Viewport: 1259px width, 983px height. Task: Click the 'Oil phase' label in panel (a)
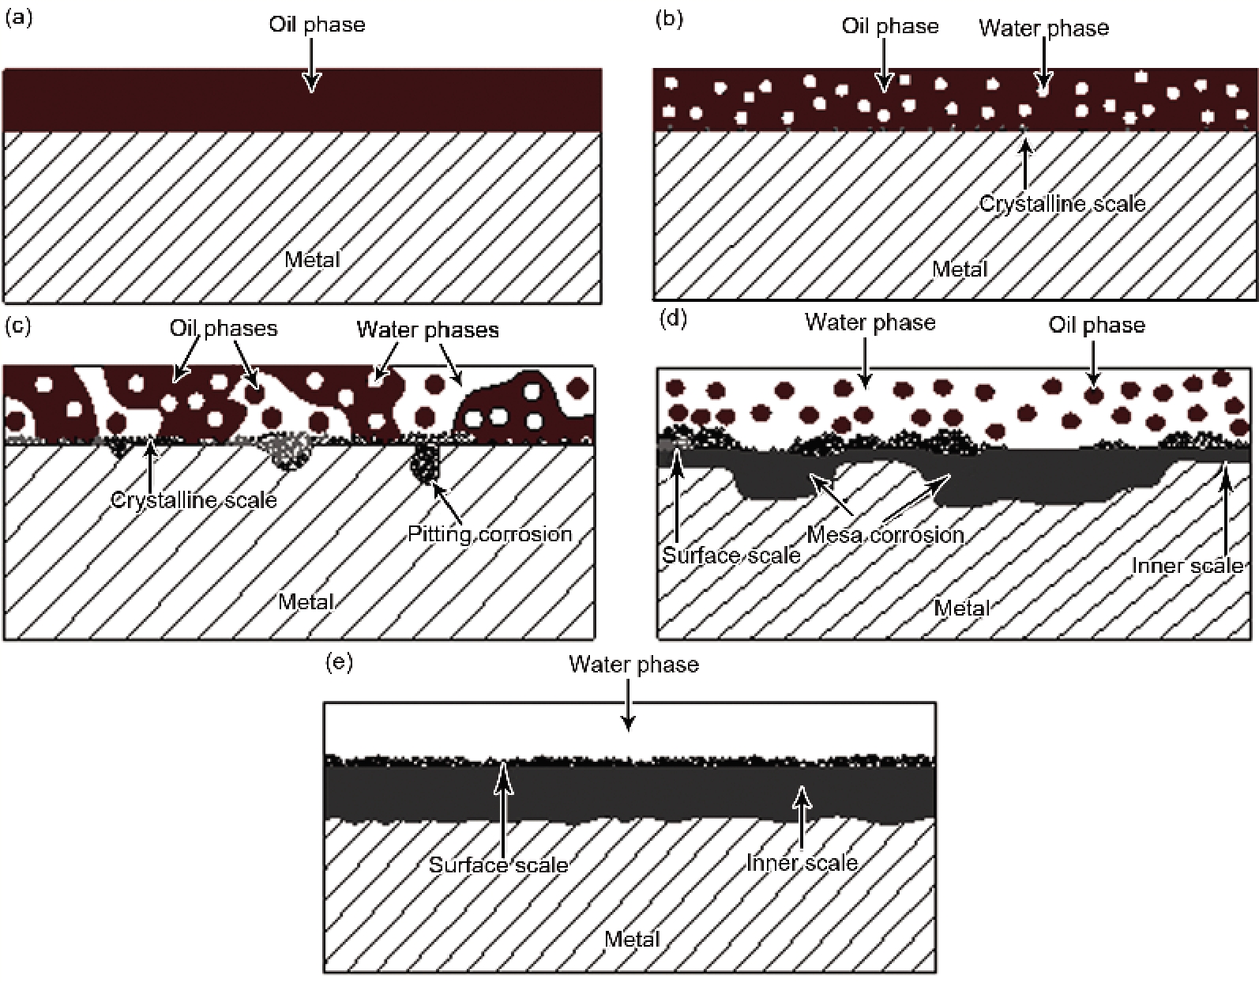(x=317, y=24)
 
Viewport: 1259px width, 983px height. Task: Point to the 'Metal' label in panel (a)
(x=312, y=260)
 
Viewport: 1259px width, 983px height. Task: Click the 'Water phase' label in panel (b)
(x=1043, y=28)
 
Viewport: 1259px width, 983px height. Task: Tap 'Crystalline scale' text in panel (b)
(x=1062, y=204)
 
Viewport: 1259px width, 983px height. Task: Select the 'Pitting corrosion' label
(x=490, y=534)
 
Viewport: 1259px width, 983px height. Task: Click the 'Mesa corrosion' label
(x=885, y=535)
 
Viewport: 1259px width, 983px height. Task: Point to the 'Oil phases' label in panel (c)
(x=224, y=329)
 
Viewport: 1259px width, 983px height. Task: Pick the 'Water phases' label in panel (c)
(x=427, y=330)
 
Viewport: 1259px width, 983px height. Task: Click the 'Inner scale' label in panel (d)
(x=1187, y=566)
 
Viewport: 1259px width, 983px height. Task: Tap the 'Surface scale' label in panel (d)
(x=731, y=556)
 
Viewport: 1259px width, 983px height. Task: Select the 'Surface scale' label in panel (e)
(x=498, y=864)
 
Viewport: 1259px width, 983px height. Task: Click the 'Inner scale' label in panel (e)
(x=802, y=862)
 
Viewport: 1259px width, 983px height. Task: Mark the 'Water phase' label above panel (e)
(x=633, y=665)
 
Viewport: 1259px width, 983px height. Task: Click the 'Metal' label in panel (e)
(x=632, y=939)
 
